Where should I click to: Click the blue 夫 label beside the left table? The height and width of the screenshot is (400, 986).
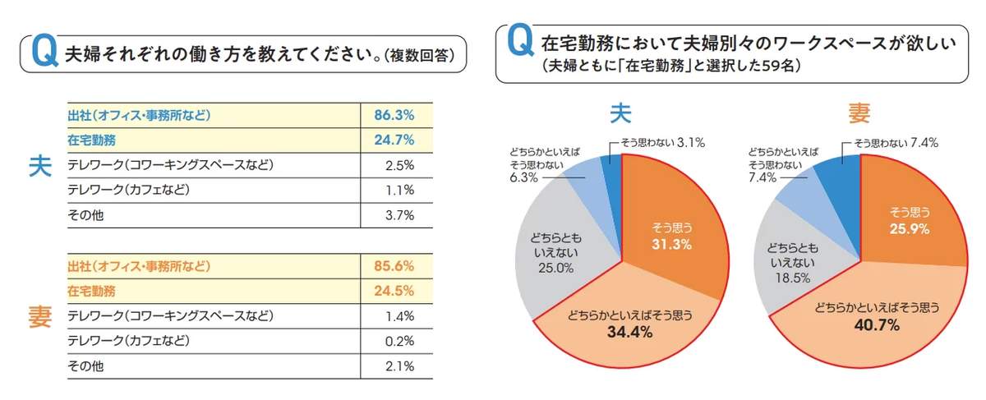pyautogui.click(x=39, y=165)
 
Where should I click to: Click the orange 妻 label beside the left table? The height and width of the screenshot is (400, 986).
pyautogui.click(x=39, y=316)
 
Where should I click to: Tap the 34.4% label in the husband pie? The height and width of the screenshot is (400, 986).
pyautogui.click(x=630, y=332)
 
